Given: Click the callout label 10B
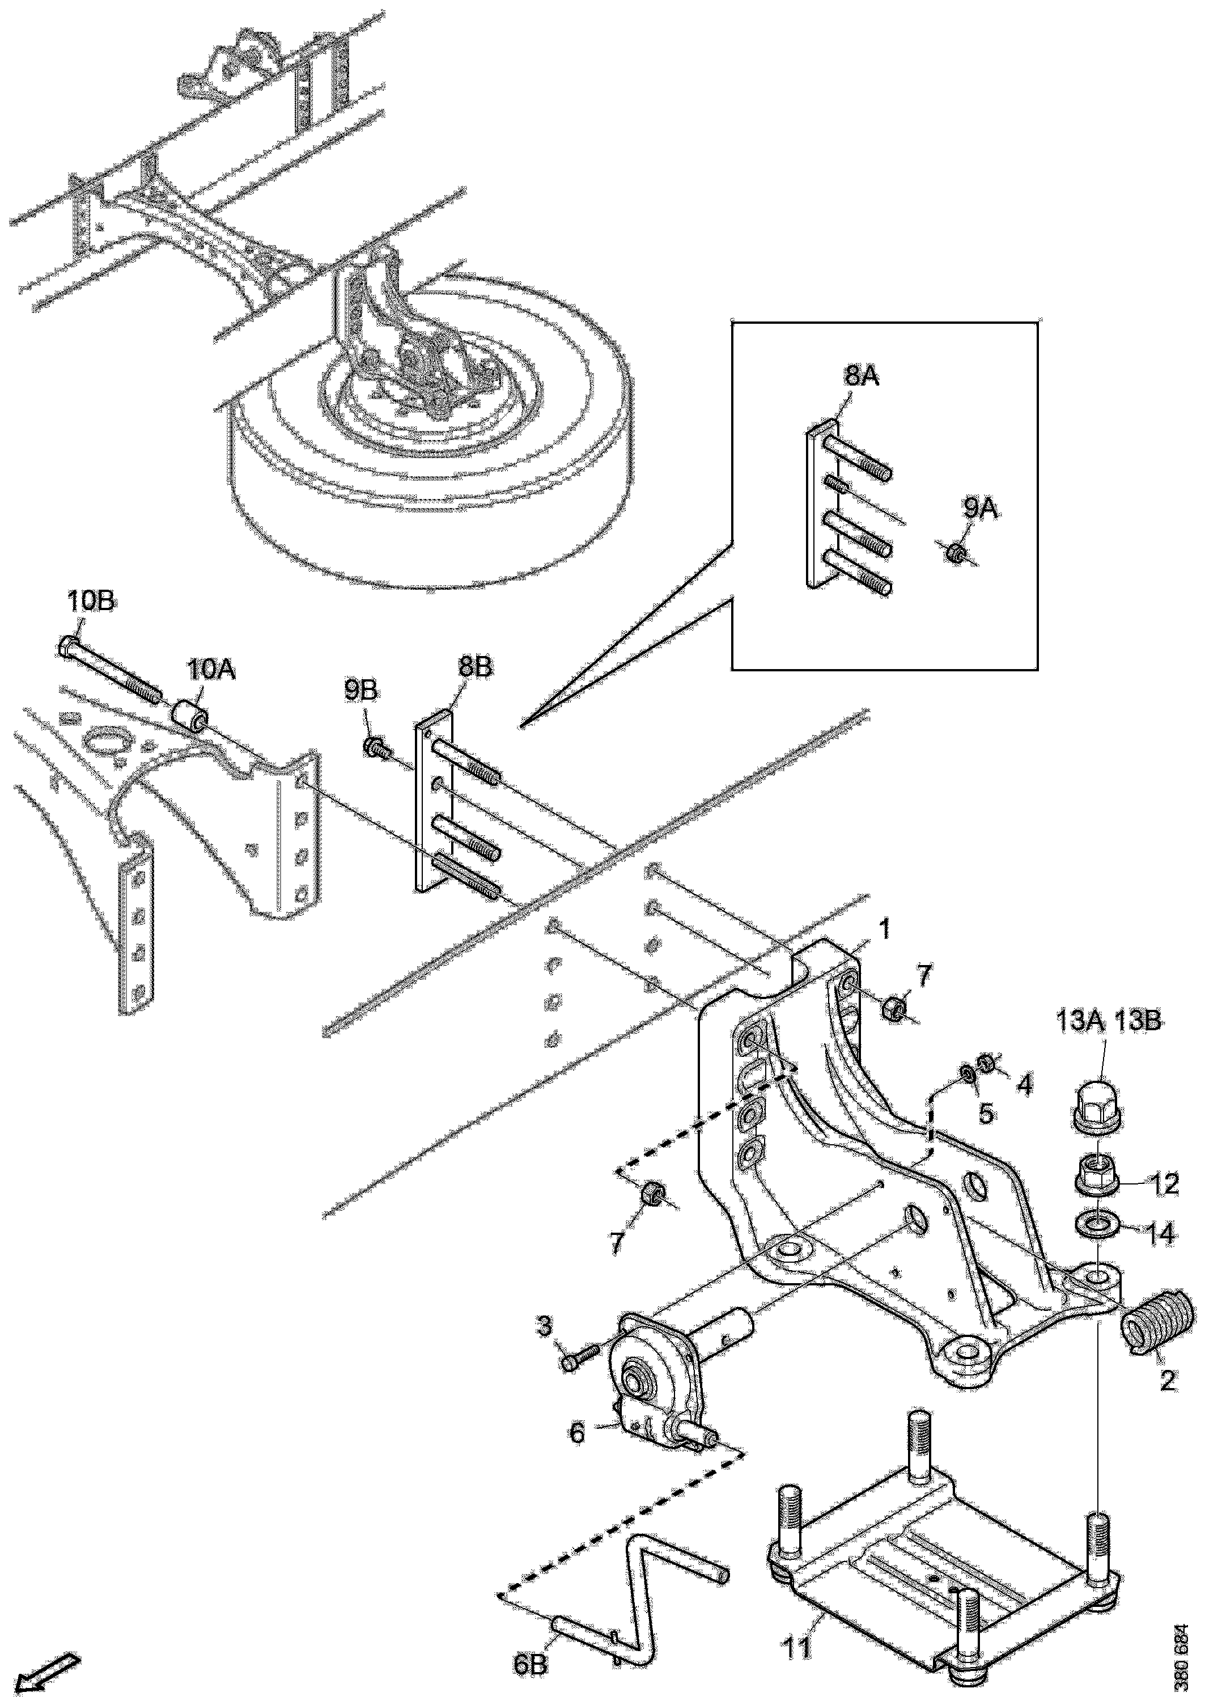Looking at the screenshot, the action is coord(91,602).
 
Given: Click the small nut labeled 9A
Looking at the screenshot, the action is coord(957,553).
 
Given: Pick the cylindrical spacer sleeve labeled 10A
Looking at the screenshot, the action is coord(191,714).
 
